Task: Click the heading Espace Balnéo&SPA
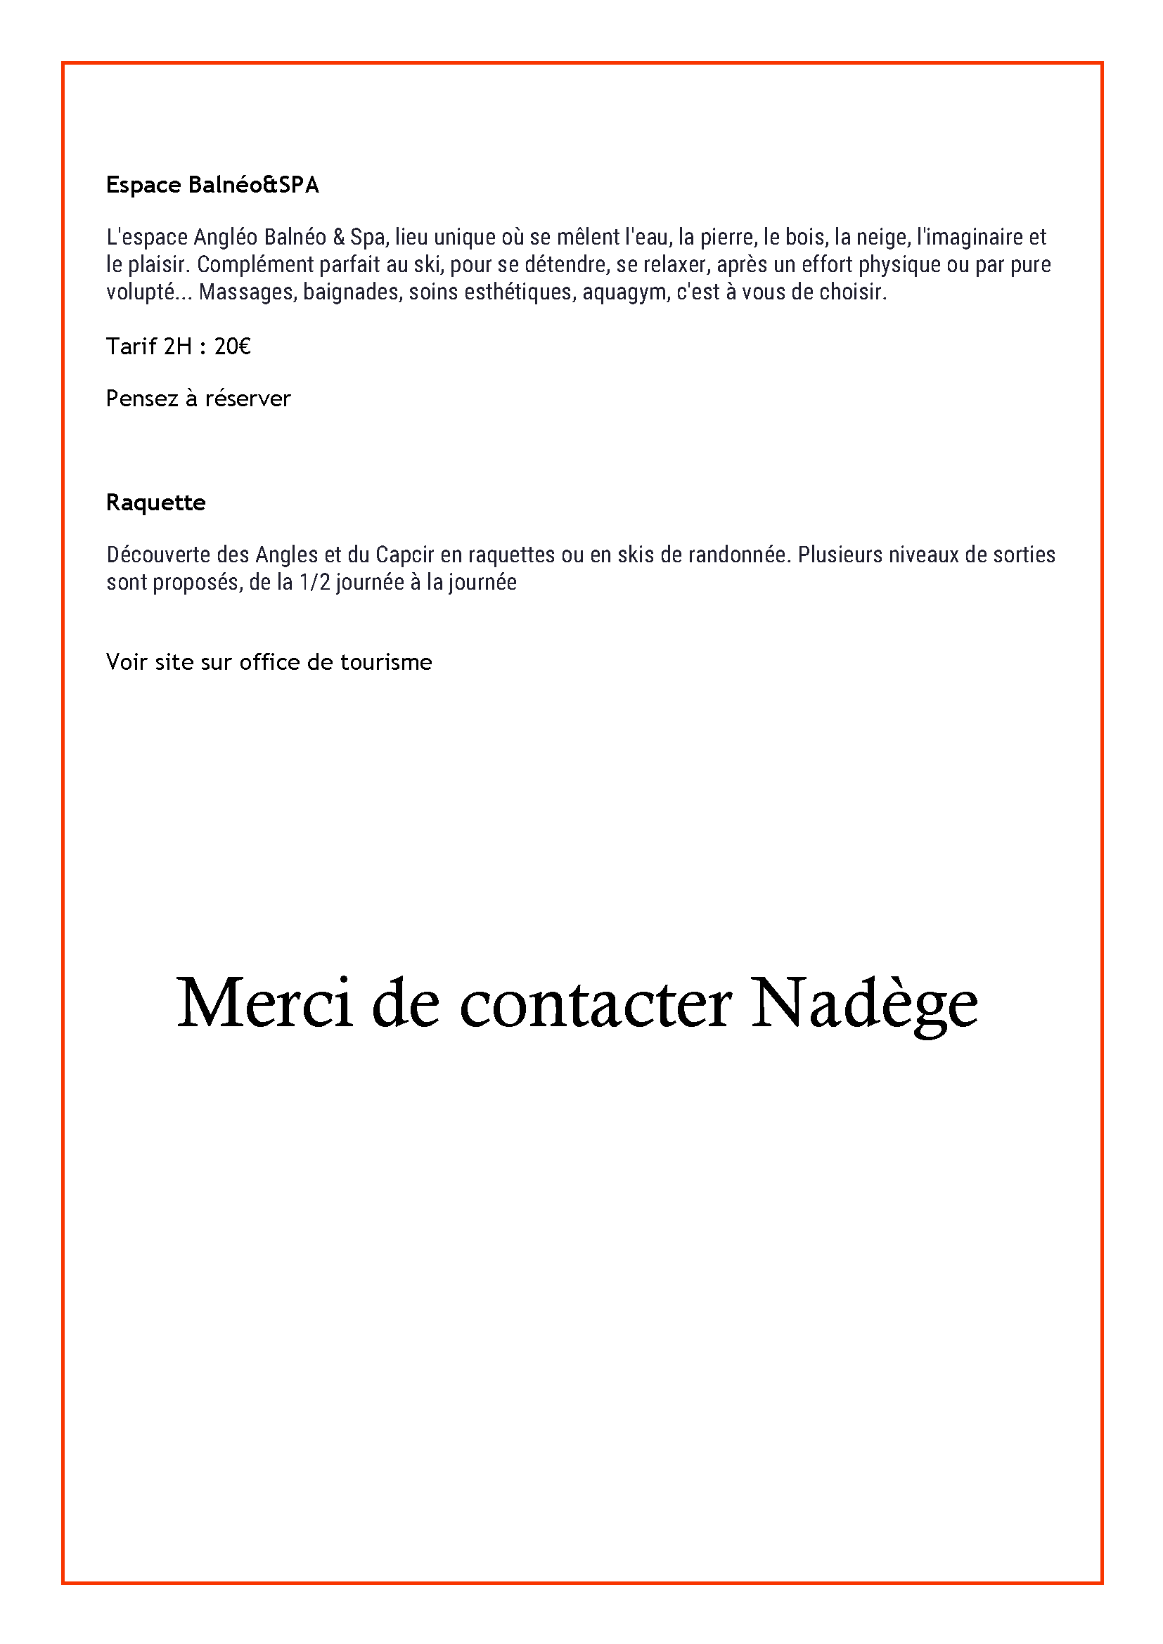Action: (x=212, y=186)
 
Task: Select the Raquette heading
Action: (x=155, y=503)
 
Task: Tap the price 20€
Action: (x=232, y=347)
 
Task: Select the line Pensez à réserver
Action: (x=198, y=399)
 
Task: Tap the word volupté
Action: (x=141, y=293)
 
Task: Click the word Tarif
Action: (x=131, y=347)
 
